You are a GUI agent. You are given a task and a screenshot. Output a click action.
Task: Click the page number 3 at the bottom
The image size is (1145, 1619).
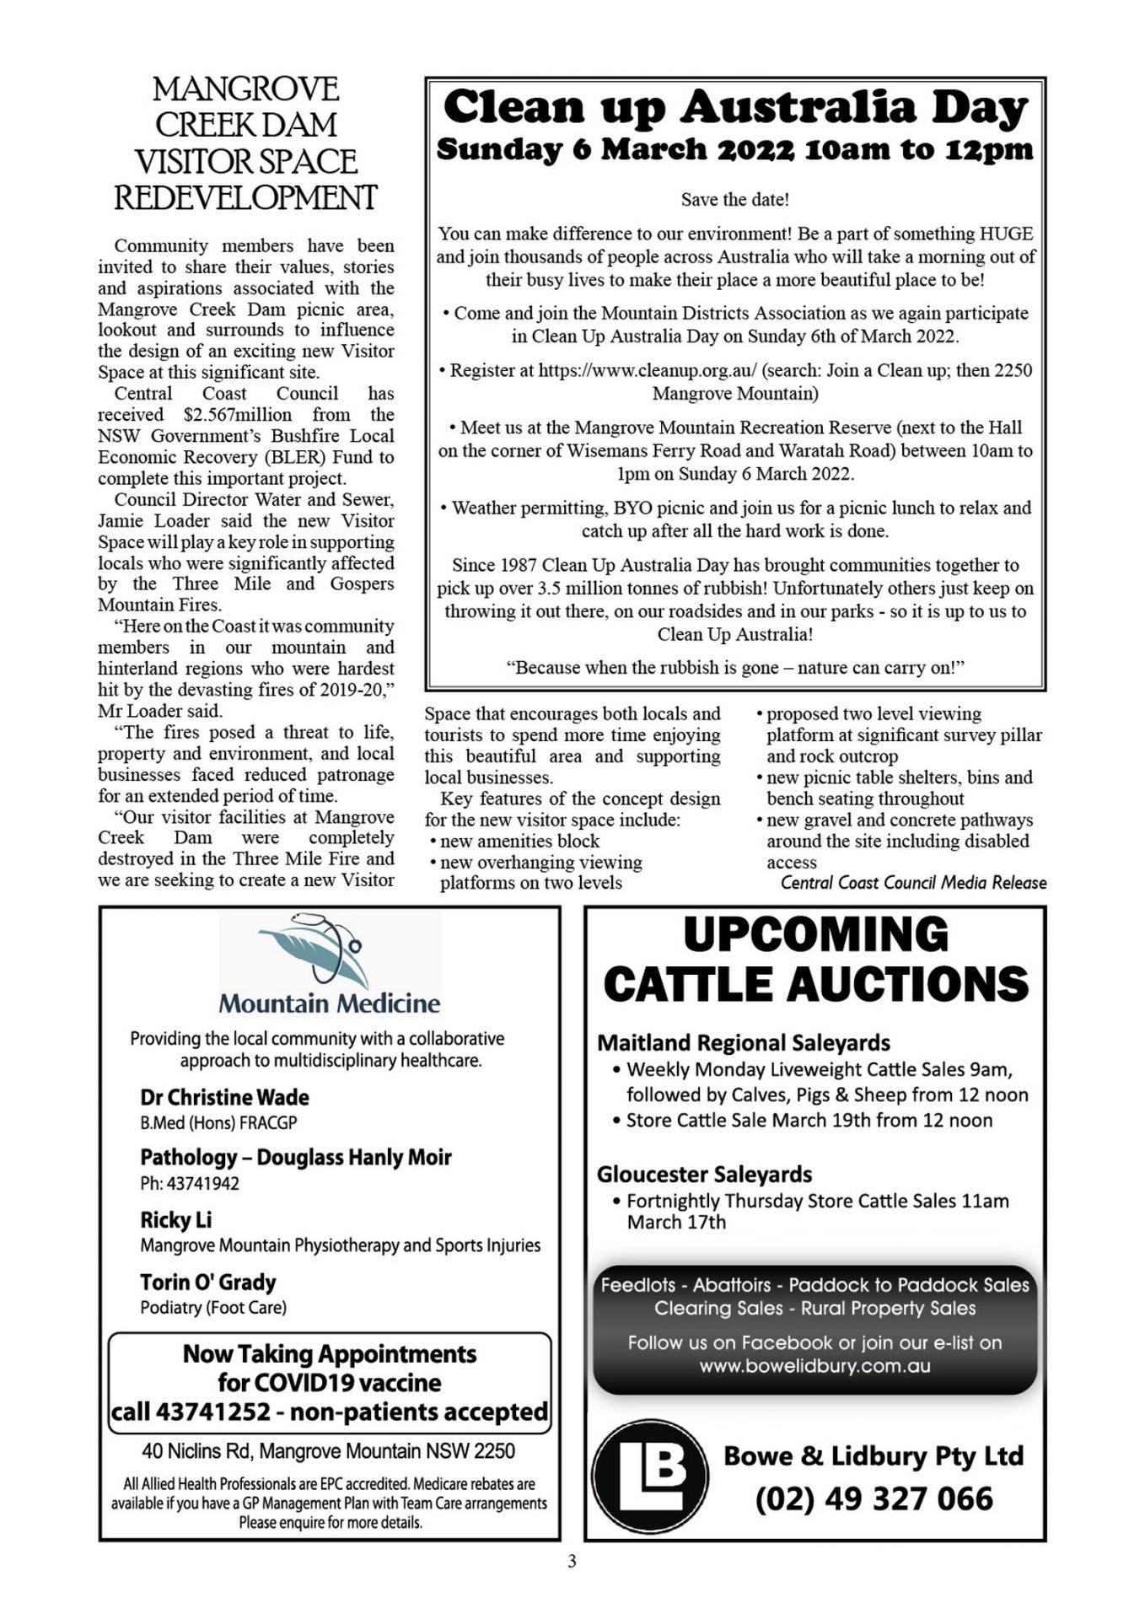pos(572,1562)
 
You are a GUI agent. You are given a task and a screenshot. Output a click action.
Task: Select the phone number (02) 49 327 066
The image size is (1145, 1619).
pos(874,1499)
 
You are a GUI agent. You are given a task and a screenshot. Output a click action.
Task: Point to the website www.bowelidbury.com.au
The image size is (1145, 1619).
pos(814,1365)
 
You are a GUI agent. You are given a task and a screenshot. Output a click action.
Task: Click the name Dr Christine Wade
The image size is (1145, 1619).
pos(224,1097)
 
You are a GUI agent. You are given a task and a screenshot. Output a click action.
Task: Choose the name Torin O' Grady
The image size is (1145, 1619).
pos(207,1282)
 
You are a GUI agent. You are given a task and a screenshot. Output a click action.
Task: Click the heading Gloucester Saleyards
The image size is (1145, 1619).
pos(704,1174)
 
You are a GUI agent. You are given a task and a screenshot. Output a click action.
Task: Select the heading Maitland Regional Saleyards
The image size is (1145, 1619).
pos(744,1043)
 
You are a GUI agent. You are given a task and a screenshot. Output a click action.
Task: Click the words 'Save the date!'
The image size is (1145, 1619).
pos(734,200)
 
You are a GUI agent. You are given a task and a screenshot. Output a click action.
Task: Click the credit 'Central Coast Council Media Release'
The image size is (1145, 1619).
pos(913,883)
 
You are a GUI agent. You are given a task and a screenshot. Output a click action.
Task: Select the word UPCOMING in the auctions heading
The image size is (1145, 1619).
pos(815,935)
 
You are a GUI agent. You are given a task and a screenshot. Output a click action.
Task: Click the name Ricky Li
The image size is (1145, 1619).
pos(175,1220)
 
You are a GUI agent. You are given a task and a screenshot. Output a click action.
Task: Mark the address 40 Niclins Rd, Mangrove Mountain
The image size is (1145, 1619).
pos(328,1450)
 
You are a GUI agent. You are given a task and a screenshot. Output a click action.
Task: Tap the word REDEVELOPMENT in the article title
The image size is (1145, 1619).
pos(245,199)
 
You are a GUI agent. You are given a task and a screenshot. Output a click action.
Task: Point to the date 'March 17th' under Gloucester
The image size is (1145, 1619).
pos(676,1222)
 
